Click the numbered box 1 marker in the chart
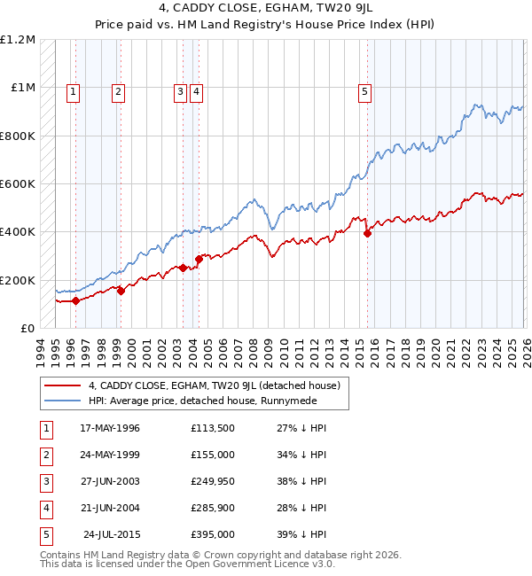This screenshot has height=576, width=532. [72, 90]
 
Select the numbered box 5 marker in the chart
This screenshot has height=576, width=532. [364, 90]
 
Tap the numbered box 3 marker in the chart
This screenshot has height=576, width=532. [180, 90]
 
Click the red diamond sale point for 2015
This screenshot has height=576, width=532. [367, 233]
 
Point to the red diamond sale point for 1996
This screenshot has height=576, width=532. [75, 300]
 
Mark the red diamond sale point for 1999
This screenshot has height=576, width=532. [121, 291]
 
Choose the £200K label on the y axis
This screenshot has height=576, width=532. [18, 280]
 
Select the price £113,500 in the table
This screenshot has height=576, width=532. [213, 428]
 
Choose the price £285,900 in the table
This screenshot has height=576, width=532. [213, 508]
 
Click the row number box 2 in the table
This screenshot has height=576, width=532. [43, 455]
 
